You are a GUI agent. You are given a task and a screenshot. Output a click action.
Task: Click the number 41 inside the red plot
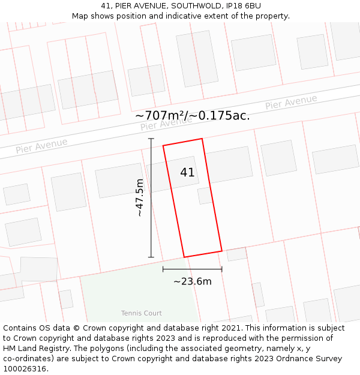click(x=187, y=172)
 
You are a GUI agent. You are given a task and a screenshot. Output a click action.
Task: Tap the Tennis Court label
click(x=142, y=313)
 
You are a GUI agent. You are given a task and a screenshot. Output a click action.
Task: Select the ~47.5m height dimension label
click(x=139, y=197)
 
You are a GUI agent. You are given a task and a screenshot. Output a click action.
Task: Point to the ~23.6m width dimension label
click(x=193, y=281)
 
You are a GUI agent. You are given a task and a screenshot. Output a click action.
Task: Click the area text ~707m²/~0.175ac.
click(x=193, y=115)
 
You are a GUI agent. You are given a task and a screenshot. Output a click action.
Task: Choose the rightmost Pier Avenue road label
click(x=291, y=103)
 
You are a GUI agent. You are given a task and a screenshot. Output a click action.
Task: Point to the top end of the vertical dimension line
click(x=151, y=139)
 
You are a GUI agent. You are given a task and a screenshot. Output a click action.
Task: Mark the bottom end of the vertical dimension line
click(x=151, y=257)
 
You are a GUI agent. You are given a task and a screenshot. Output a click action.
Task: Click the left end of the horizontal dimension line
click(x=163, y=269)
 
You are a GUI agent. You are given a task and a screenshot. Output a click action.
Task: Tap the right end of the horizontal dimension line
click(x=222, y=269)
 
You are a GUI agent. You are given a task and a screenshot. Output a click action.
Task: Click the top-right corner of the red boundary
click(x=202, y=139)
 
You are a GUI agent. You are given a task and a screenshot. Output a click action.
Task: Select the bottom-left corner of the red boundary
click(x=184, y=257)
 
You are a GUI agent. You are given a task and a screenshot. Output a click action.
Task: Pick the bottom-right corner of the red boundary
click(x=222, y=251)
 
